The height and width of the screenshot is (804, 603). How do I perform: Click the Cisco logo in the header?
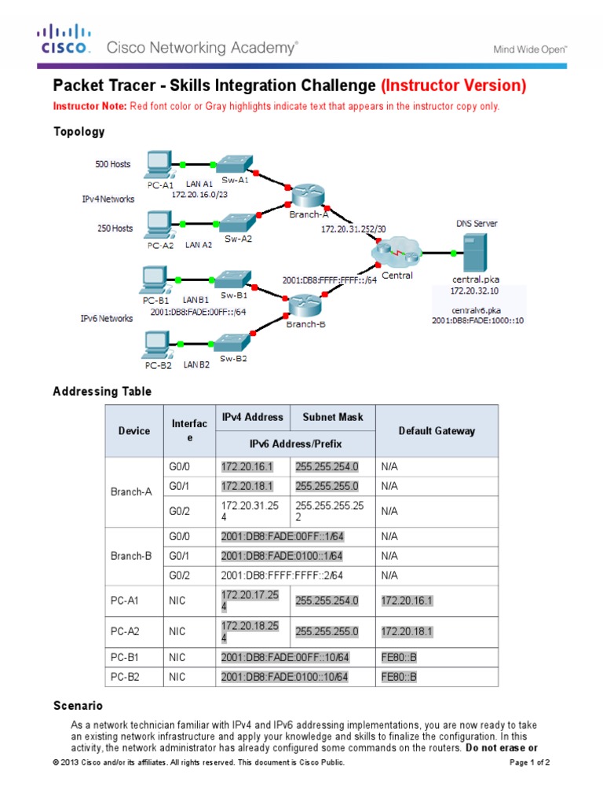click(65, 39)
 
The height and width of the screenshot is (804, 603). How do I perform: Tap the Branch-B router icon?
click(304, 304)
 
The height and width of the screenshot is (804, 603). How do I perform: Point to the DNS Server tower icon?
click(475, 253)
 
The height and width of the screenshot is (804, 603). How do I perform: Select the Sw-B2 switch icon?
click(232, 343)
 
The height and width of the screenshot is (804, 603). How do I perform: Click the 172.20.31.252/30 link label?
click(353, 228)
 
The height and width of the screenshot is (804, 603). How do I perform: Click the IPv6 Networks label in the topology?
click(107, 318)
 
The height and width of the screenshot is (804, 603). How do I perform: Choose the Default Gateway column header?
click(437, 431)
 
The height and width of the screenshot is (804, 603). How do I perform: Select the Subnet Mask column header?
click(333, 417)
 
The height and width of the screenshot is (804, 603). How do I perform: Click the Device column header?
click(134, 431)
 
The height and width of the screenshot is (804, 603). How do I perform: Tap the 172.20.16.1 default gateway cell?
click(407, 601)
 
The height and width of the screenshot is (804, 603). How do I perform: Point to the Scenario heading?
click(78, 706)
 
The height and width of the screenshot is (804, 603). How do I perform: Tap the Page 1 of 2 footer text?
click(530, 762)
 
